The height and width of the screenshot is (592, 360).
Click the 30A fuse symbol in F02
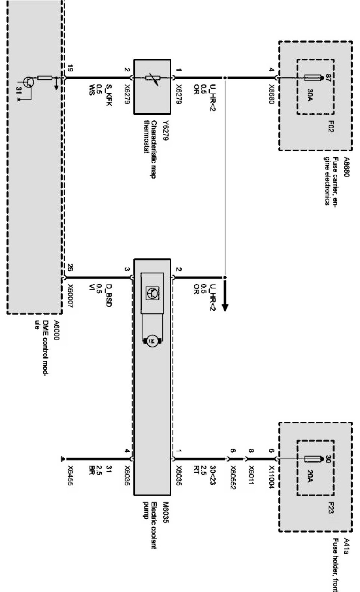pos(313,78)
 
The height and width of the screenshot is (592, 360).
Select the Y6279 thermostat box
pos(152,86)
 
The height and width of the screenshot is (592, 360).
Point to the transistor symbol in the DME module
pos(27,82)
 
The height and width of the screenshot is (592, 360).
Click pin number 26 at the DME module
pos(70,268)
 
